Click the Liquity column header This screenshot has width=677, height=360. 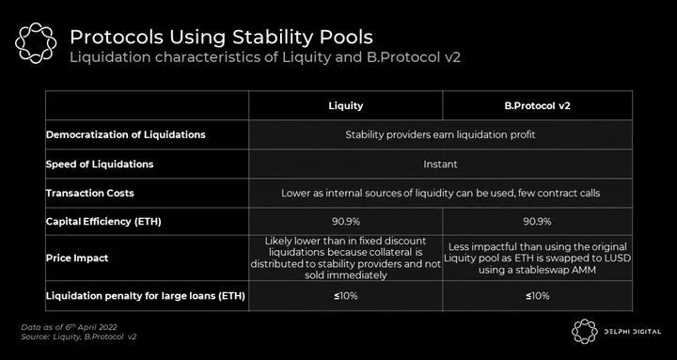[x=345, y=106]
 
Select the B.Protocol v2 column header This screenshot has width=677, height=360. [x=537, y=106]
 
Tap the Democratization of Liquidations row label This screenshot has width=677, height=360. [x=126, y=134]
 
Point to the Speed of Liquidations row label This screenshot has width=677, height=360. [x=100, y=164]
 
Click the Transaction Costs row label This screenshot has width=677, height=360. [x=90, y=193]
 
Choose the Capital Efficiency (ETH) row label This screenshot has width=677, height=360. [x=103, y=222]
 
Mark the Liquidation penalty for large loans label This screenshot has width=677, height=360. [x=146, y=296]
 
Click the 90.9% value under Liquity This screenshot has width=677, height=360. [x=345, y=222]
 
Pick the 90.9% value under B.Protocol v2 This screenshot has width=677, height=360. [x=537, y=222]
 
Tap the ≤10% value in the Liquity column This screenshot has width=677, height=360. [x=345, y=296]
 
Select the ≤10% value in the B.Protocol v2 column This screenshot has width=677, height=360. [x=537, y=296]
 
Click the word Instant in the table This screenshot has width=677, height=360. [x=440, y=164]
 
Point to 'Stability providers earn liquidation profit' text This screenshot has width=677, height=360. [x=440, y=134]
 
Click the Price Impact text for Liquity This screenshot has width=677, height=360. [x=345, y=258]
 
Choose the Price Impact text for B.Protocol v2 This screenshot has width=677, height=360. [x=537, y=258]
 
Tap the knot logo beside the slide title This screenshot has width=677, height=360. [x=36, y=42]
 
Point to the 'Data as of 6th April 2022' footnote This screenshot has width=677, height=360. [x=69, y=327]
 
